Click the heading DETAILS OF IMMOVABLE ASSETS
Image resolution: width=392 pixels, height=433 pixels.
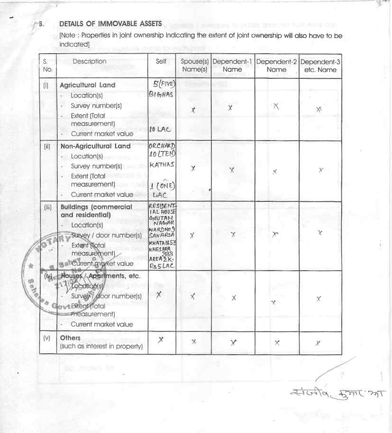[x=110, y=24]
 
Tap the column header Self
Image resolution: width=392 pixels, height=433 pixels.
[x=161, y=61]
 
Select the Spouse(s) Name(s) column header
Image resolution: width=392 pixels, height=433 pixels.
[x=194, y=66]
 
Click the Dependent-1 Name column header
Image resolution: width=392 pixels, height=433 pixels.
[x=232, y=66]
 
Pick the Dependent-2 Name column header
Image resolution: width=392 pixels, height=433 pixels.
[x=277, y=66]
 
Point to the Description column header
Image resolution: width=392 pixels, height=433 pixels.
[x=90, y=61]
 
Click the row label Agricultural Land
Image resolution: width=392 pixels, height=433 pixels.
[x=87, y=85]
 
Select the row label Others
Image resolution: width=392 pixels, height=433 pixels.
[x=70, y=338]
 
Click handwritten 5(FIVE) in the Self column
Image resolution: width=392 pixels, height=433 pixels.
[x=162, y=85]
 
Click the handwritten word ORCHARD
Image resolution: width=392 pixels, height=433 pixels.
[x=162, y=146]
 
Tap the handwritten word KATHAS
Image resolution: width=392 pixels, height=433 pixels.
[x=161, y=165]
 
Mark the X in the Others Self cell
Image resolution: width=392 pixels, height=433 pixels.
[x=161, y=339]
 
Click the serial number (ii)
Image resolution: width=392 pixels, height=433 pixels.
[x=47, y=147]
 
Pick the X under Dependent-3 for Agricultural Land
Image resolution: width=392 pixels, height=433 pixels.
[x=319, y=109]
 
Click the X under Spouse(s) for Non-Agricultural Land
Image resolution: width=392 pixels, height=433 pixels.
[x=193, y=169]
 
